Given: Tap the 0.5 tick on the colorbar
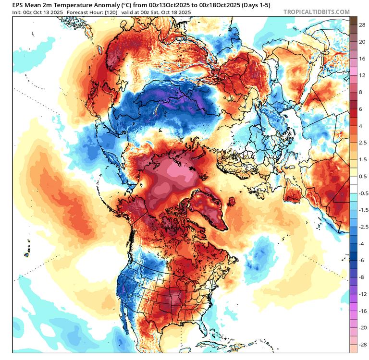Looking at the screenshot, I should pyautogui.click(x=362, y=176).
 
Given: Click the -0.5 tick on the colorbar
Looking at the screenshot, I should pyautogui.click(x=363, y=193).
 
